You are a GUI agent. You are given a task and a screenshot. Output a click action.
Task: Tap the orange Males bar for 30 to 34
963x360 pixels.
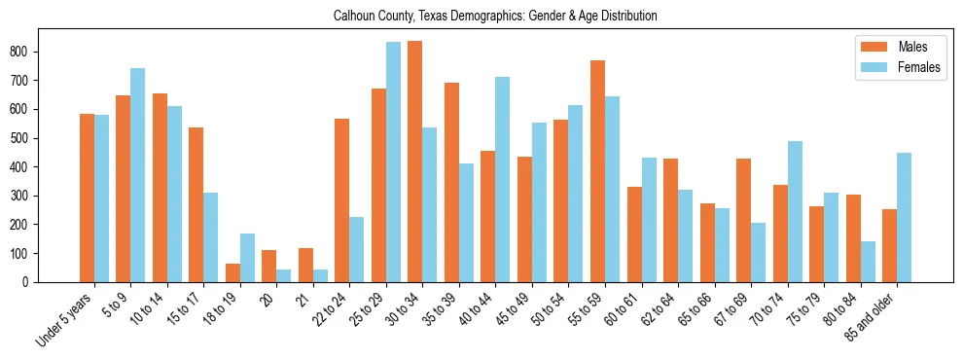tap(414, 162)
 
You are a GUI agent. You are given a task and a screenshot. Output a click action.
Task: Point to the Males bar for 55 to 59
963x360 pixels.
tap(597, 171)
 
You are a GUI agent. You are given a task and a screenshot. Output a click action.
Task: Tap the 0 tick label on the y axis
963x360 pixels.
tap(26, 282)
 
